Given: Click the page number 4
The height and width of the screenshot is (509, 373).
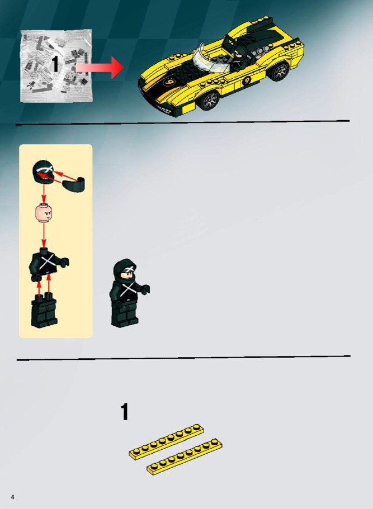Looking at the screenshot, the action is tap(12, 497).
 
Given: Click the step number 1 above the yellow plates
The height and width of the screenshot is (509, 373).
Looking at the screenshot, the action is tap(125, 412).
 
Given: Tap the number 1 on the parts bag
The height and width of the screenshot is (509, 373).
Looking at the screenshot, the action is tap(55, 64).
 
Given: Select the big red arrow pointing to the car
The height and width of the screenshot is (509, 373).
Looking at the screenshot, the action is tap(100, 68).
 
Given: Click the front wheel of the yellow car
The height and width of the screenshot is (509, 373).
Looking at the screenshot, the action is tap(210, 101).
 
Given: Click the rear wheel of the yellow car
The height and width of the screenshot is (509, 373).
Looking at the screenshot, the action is tap(280, 72).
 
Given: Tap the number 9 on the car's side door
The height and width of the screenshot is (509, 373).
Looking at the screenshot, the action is tap(247, 80).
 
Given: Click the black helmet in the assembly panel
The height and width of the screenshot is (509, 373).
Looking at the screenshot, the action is tap(43, 172).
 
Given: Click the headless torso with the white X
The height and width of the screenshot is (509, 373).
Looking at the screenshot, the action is tap(48, 264).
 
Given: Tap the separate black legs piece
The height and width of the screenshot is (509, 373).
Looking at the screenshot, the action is tap(44, 310).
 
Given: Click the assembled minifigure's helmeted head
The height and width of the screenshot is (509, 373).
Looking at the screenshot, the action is tap(125, 271).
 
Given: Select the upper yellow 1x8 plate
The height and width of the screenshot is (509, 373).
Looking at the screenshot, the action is tap(166, 441).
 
